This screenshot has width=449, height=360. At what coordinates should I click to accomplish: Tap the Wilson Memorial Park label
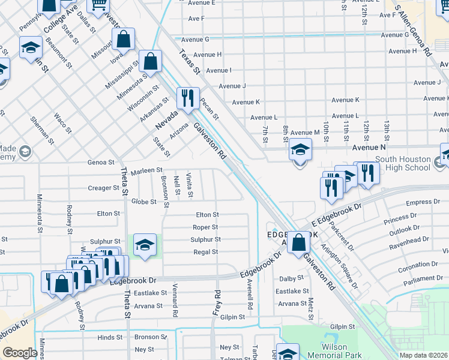pyautogui.click(x=334, y=351)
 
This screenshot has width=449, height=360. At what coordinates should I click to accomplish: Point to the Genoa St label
pyautogui.click(x=101, y=162)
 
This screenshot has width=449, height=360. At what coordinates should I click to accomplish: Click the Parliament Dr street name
pyautogui.click(x=423, y=278)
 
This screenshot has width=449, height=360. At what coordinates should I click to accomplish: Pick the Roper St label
pyautogui.click(x=205, y=227)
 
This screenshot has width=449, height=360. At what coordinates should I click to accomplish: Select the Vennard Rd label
pyautogui.click(x=175, y=300)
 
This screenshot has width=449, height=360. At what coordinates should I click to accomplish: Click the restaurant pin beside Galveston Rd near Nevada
pyautogui.click(x=188, y=97)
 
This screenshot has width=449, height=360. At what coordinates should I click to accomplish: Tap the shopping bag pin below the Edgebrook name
pyautogui.click(x=298, y=244)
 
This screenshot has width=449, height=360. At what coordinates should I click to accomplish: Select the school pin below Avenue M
pyautogui.click(x=300, y=150)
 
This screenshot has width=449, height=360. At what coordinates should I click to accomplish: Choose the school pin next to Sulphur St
pyautogui.click(x=145, y=245)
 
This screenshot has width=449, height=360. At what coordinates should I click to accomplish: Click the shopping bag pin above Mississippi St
pyautogui.click(x=123, y=40)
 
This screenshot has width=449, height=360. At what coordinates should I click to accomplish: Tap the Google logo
pyautogui.click(x=20, y=353)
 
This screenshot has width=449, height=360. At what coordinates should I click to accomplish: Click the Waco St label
pyautogui.click(x=63, y=122)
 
